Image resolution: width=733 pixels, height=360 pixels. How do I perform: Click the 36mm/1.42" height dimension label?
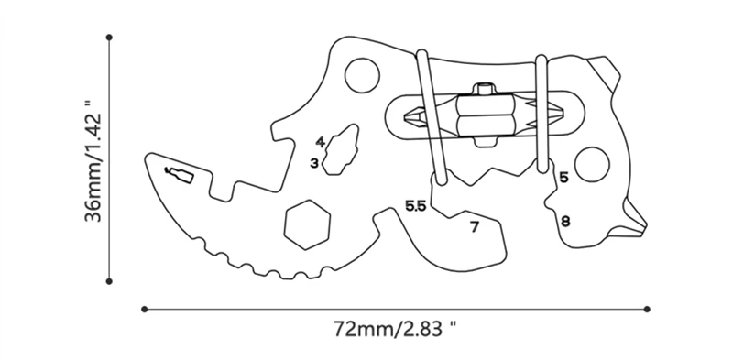93,160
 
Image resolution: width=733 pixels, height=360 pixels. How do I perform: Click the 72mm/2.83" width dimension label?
395,329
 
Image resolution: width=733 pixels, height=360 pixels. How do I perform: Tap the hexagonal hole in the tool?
307,224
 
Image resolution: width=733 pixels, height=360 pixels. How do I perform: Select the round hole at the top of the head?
362,75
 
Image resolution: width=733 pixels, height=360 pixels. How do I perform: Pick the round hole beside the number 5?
592,165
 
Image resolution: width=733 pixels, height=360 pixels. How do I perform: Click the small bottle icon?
179,174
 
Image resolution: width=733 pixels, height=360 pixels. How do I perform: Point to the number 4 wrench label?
320,142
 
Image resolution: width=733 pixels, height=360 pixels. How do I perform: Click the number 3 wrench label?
314,163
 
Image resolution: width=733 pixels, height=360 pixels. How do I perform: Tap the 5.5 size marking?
416,206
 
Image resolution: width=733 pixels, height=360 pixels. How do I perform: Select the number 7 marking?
475,227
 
